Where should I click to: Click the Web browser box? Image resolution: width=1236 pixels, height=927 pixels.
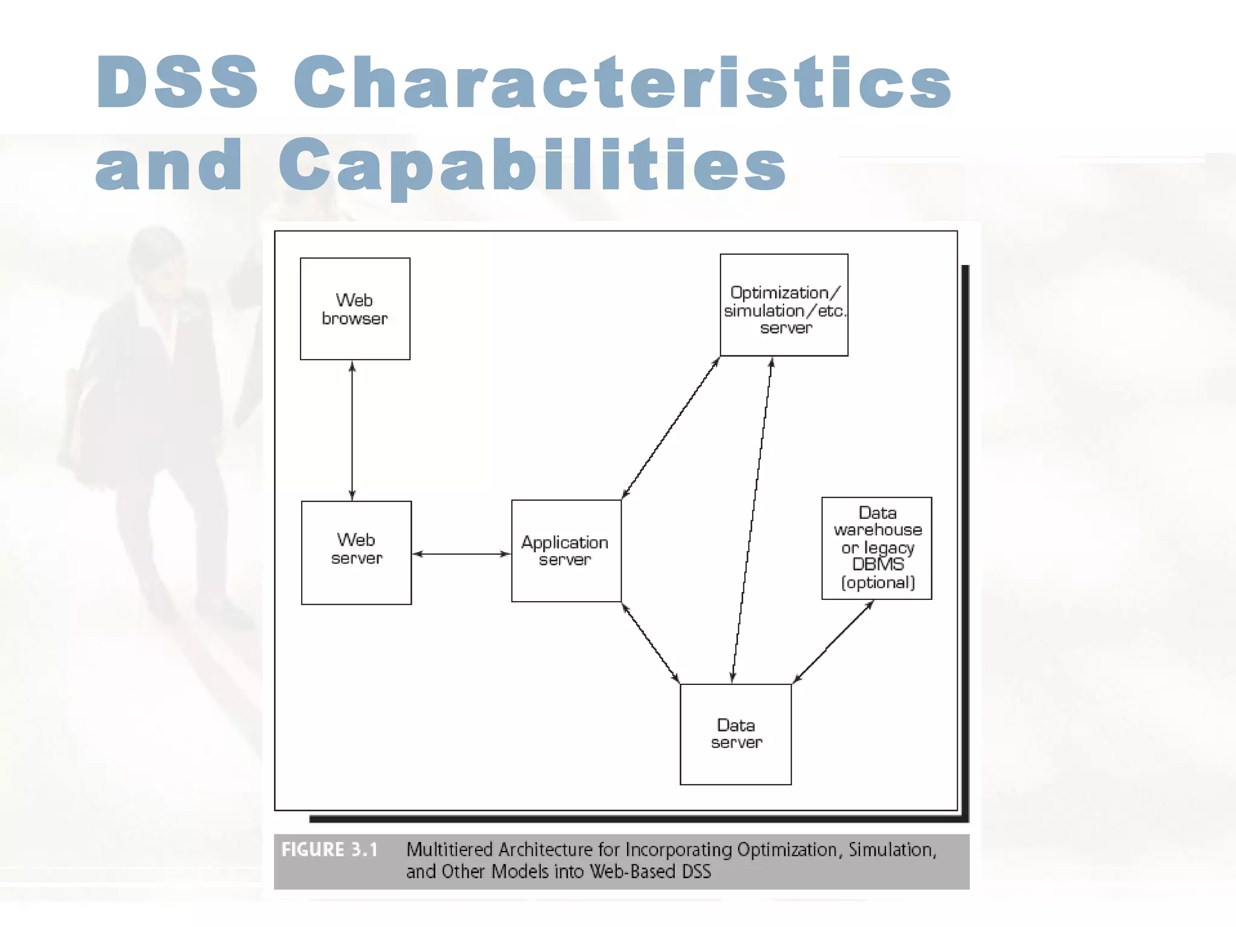(355, 309)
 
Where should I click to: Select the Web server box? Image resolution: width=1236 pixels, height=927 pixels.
(356, 552)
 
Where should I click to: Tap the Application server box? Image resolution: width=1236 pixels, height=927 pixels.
(565, 550)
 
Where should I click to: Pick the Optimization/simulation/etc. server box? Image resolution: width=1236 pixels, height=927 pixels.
(783, 305)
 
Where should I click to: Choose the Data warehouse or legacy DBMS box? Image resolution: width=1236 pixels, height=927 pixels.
(876, 548)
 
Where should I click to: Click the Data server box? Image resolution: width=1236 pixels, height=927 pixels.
(735, 734)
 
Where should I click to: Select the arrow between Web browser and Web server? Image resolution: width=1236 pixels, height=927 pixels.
(352, 430)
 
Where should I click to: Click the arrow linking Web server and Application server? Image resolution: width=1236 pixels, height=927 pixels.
(462, 553)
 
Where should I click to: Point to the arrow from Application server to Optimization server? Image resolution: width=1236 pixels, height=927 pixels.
(671, 428)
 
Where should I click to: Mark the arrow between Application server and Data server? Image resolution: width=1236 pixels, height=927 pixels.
(651, 643)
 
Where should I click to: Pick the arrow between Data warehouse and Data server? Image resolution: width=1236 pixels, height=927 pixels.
(833, 642)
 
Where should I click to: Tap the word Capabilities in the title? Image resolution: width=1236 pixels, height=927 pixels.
(532, 164)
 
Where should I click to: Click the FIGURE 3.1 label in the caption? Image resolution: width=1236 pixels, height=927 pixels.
(330, 850)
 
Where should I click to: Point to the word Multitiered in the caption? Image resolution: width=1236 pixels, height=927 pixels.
(450, 850)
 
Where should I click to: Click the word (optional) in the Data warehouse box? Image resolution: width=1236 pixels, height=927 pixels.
(878, 582)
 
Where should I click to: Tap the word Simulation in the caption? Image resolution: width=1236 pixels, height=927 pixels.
(892, 850)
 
